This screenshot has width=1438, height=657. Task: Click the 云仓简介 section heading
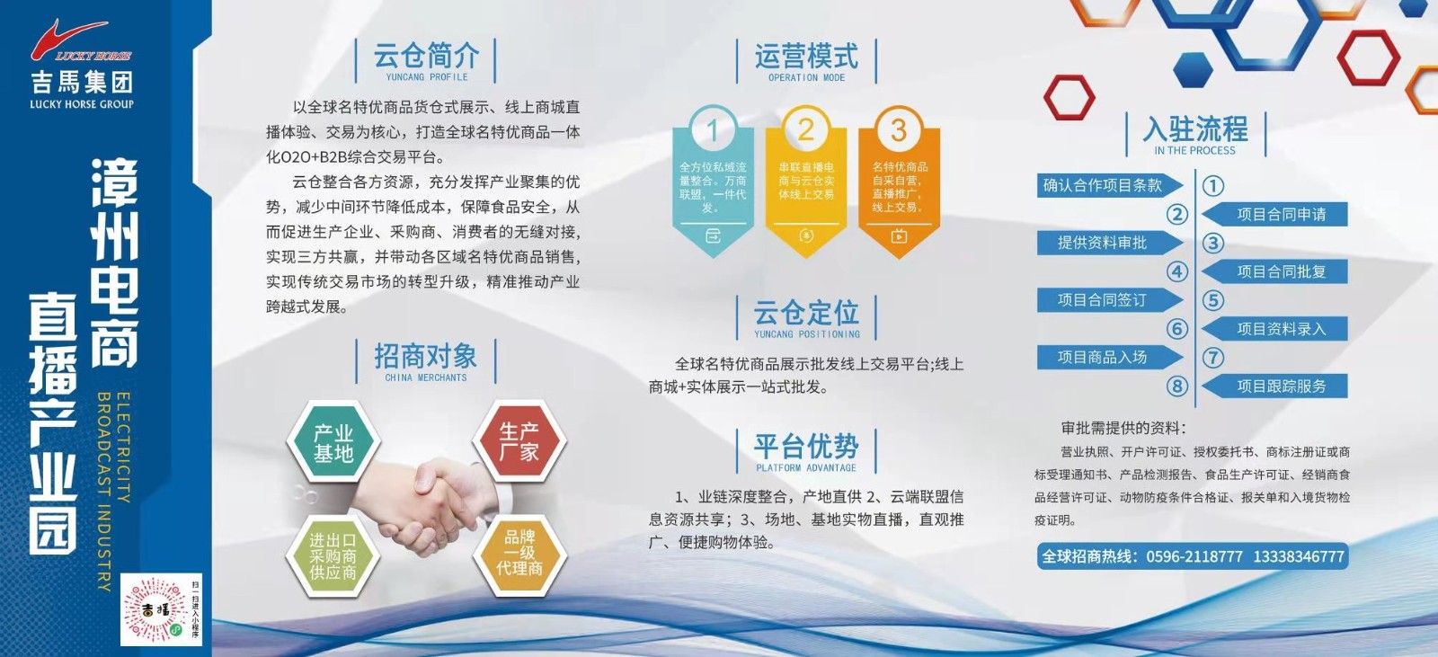426,58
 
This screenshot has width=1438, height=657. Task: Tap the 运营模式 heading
806,58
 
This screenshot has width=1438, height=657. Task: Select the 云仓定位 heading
806,314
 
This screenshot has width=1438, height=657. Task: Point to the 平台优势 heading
806,447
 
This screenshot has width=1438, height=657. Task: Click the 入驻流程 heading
1195,130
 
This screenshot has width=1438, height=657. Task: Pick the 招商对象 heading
426,357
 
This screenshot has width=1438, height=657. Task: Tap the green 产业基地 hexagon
333,443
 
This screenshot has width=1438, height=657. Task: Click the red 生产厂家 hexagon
519,441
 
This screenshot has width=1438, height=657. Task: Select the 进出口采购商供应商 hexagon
333,555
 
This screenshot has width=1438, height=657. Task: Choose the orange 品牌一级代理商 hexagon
519,552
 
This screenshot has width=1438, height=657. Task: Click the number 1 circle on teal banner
713,131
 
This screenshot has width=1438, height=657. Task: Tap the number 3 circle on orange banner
899,131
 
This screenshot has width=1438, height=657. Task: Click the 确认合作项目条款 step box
1104,185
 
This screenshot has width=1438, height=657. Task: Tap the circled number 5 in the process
1213,300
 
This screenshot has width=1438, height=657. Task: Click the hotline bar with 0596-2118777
1193,556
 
